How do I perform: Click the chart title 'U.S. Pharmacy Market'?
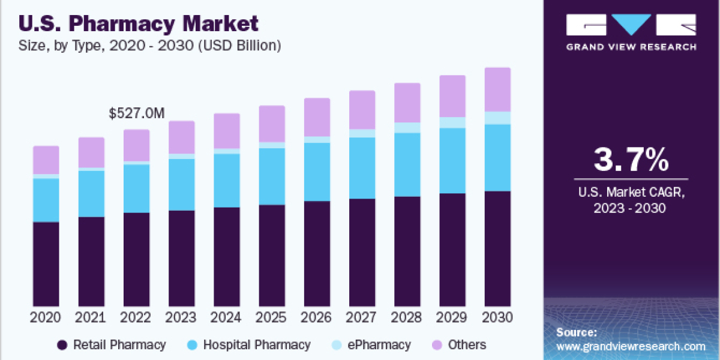click(139, 24)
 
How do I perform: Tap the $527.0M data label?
click(136, 113)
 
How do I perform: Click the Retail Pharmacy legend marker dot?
click(62, 345)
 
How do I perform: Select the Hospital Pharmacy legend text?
click(257, 345)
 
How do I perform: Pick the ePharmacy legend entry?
click(381, 345)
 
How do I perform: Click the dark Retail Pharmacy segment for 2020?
click(46, 264)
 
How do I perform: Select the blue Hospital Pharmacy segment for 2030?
click(497, 158)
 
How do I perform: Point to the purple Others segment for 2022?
click(136, 145)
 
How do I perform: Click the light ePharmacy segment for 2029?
click(452, 122)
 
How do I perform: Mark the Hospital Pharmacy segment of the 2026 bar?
click(317, 172)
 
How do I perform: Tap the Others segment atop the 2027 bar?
click(362, 110)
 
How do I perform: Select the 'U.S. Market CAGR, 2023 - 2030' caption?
click(631, 200)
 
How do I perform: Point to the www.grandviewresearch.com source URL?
click(631, 346)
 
